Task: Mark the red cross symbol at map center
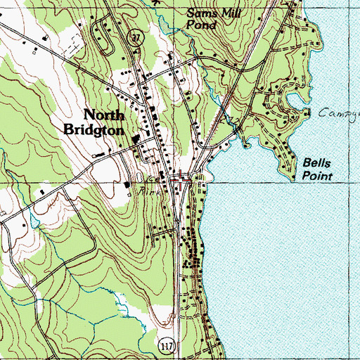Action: tap(181, 181)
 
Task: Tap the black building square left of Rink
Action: tap(127, 185)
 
